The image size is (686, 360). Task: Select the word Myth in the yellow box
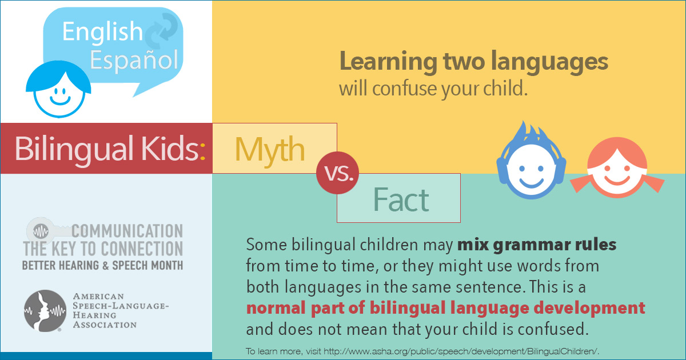pyautogui.click(x=269, y=150)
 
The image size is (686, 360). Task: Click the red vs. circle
pyautogui.click(x=337, y=173)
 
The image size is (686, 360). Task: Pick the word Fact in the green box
pyautogui.click(x=401, y=200)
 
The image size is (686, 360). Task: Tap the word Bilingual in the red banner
pyautogui.click(x=74, y=149)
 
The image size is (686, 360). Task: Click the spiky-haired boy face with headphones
pyautogui.click(x=531, y=162)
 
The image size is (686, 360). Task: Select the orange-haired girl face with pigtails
pyautogui.click(x=617, y=167)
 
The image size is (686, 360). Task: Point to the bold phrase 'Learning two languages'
pyautogui.click(x=474, y=62)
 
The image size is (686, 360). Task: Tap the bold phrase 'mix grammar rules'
pyautogui.click(x=537, y=245)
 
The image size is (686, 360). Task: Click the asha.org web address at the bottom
pyautogui.click(x=461, y=351)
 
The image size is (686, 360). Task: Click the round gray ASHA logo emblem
pyautogui.click(x=45, y=311)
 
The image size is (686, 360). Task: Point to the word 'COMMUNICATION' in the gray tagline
pyautogui.click(x=127, y=231)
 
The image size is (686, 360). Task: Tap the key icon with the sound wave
pyautogui.click(x=49, y=230)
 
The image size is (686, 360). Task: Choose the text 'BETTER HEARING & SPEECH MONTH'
pyautogui.click(x=102, y=265)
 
